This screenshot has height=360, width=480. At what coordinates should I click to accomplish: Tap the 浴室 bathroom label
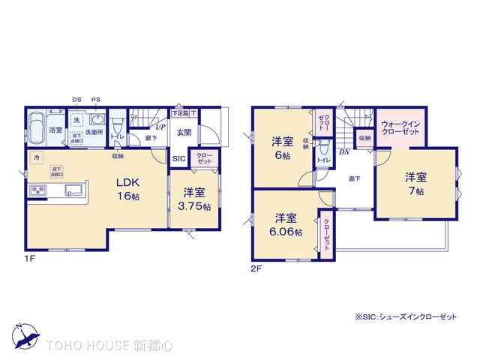click(55, 130)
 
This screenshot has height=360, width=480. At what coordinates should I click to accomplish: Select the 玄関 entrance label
click(184, 133)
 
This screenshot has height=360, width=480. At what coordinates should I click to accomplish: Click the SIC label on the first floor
click(179, 159)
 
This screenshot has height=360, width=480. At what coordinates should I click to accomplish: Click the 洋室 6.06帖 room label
click(288, 225)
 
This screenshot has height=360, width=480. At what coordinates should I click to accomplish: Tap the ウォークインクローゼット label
click(400, 127)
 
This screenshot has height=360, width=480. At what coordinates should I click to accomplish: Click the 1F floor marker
click(30, 258)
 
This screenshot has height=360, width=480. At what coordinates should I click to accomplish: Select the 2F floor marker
click(256, 267)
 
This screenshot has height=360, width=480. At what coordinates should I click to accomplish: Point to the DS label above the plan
click(76, 100)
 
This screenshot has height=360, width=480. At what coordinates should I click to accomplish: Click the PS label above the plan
click(96, 100)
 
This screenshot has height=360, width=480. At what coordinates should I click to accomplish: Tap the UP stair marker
click(160, 127)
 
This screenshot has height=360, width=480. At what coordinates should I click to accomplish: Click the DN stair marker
click(343, 152)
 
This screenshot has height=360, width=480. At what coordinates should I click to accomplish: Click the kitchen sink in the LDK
click(73, 190)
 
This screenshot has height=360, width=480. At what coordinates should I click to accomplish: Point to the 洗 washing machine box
click(76, 120)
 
